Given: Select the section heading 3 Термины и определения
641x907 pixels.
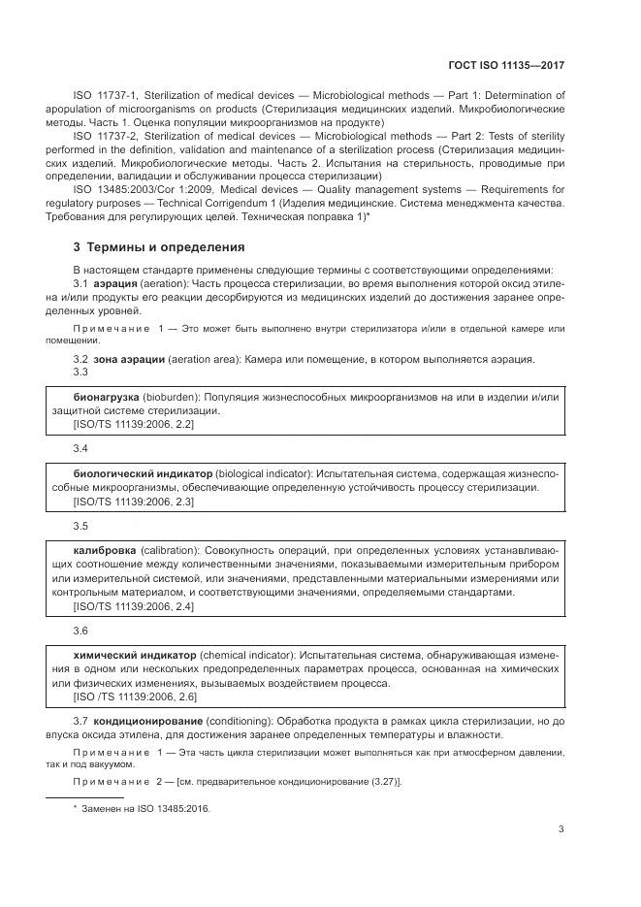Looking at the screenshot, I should point(159,247).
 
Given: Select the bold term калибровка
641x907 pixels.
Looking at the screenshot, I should point(103,550).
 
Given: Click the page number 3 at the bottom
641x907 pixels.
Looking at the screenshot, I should point(561,827).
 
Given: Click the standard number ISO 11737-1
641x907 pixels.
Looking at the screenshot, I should point(107,96).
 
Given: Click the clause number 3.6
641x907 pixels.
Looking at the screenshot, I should point(80,631).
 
